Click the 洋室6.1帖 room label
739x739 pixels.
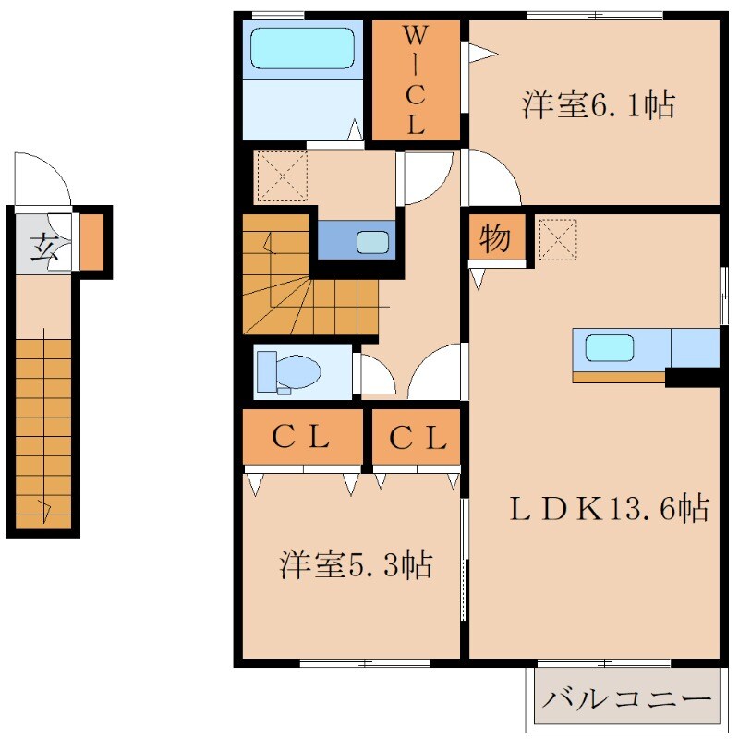click(x=597, y=105)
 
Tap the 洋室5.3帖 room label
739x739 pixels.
click(x=357, y=564)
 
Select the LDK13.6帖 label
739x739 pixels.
click(x=611, y=507)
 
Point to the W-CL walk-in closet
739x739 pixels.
click(x=415, y=80)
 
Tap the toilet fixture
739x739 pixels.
click(x=288, y=372)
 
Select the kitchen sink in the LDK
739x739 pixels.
click(x=610, y=348)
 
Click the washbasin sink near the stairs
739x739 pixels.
click(x=373, y=242)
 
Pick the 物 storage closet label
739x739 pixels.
click(x=495, y=239)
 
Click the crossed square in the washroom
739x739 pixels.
click(x=281, y=175)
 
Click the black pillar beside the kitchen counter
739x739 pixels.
click(x=692, y=377)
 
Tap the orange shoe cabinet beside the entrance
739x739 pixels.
click(x=91, y=241)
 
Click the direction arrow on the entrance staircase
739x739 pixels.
click(x=43, y=506)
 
